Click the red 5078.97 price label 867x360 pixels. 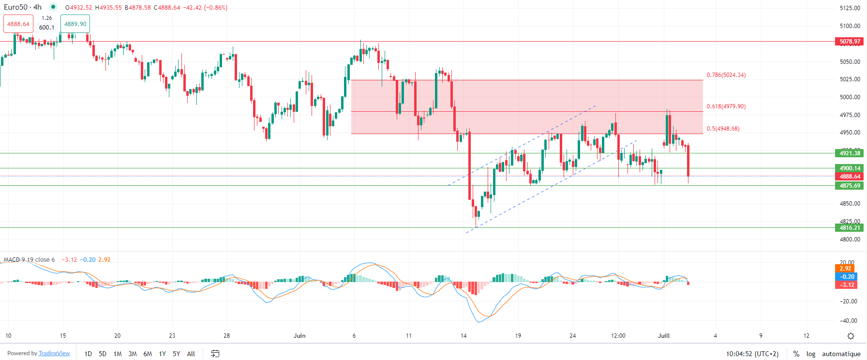(x=850, y=42)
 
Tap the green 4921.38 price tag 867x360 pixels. (x=850, y=153)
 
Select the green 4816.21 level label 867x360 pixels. (x=850, y=228)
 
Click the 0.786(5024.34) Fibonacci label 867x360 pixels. (x=726, y=75)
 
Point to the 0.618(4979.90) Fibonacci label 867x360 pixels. (x=726, y=106)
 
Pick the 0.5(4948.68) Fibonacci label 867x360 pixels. (x=723, y=129)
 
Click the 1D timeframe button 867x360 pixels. (x=88, y=354)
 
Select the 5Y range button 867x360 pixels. (x=176, y=354)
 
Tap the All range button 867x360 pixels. (x=191, y=354)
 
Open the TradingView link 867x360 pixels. (x=54, y=353)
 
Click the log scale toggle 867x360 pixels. (x=811, y=354)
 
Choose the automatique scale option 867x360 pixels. (x=841, y=354)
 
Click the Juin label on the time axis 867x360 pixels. (x=299, y=335)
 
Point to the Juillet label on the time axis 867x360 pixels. (x=664, y=335)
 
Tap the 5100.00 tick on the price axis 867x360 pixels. (x=850, y=26)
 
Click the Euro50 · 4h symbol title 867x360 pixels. (x=23, y=7)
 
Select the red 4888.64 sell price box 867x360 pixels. (x=18, y=24)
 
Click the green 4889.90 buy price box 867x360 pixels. (x=75, y=24)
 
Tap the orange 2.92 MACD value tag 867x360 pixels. (x=845, y=269)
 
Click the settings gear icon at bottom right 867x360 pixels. (x=851, y=336)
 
